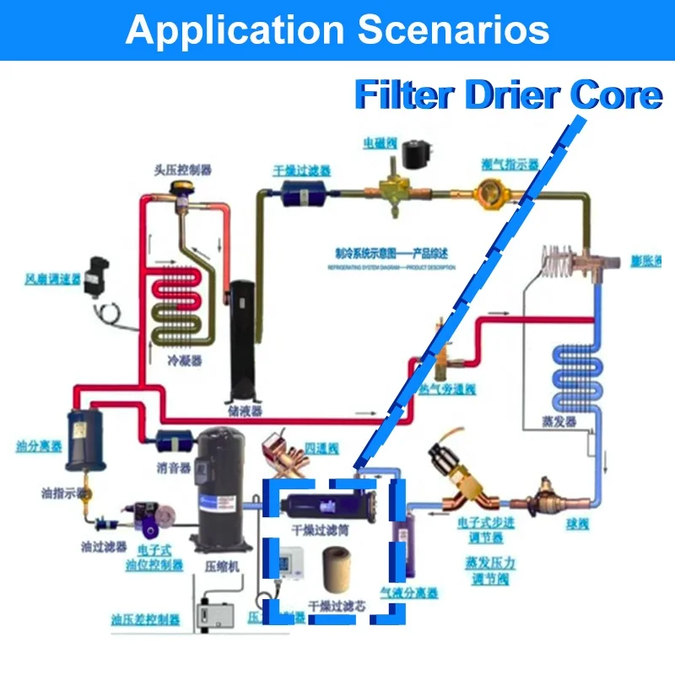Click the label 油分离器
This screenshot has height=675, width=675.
click(39, 445)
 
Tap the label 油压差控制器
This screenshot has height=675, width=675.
click(146, 620)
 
